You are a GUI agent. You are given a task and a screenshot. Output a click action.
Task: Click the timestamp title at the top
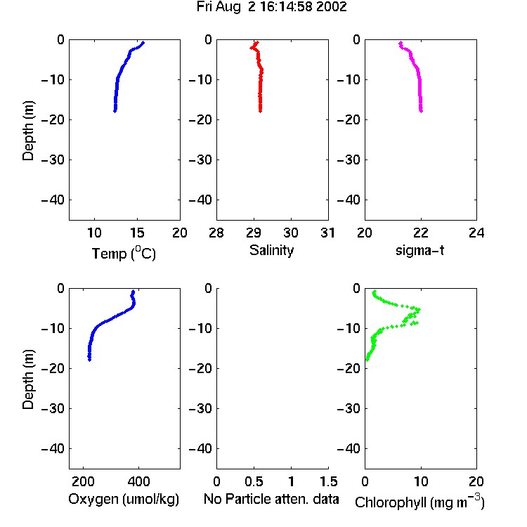coord(271,7)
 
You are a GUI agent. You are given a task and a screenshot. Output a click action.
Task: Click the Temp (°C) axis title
coord(124,253)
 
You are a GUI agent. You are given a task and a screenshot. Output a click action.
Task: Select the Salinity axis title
coord(271,250)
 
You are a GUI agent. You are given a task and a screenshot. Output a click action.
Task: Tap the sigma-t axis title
coord(419,250)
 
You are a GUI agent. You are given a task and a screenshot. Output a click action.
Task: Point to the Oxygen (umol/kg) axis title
coord(124,500)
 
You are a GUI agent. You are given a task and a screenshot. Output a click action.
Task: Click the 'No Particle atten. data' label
coord(271,499)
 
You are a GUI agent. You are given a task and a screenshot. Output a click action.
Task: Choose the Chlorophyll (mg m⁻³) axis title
coord(419,502)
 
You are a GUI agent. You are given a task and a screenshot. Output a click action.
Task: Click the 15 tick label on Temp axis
coord(137,233)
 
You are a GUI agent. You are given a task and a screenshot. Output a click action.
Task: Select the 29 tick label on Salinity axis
coord(254,233)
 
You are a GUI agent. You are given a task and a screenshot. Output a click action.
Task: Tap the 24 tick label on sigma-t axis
coord(476,233)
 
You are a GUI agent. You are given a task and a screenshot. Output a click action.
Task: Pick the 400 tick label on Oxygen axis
coord(138,481)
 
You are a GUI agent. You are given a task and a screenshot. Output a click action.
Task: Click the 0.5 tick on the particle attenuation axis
coord(254,481)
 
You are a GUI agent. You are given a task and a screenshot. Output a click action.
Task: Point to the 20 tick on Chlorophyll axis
coord(476,481)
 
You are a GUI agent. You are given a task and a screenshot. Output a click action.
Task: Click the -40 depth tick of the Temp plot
coord(53,200)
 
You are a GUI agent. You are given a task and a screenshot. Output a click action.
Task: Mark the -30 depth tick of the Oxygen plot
coord(53,408)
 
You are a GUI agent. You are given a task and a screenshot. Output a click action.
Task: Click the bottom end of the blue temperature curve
coord(115,111)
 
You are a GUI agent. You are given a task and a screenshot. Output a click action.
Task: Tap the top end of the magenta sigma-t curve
coord(401,43)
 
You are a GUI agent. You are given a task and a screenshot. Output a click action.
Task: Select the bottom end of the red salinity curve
coord(260,111)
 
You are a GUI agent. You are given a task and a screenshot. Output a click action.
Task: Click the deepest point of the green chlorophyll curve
coord(367,360)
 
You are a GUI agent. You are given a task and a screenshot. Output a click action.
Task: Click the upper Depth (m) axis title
coord(28,131)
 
